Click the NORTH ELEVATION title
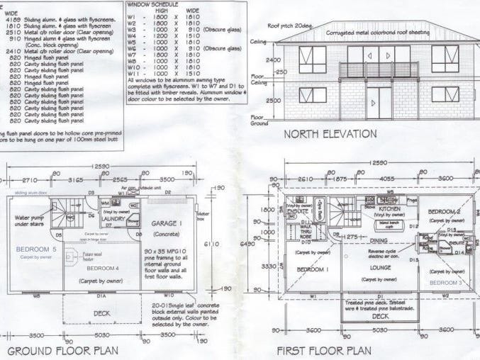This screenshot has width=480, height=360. pyautogui.click(x=340, y=134)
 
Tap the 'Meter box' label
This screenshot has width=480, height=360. pyautogui.click(x=201, y=214)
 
